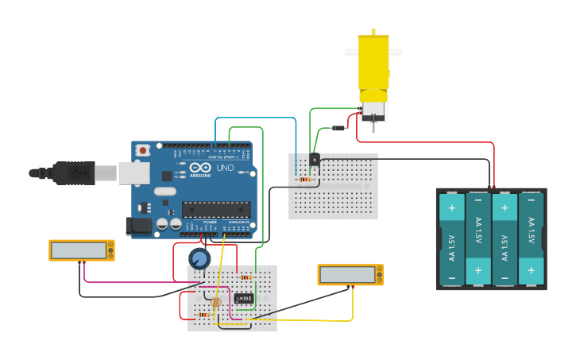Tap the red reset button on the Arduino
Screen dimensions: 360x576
coord(143,149)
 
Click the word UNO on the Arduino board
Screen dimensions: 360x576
coord(225,168)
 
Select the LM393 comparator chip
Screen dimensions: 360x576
coord(243,298)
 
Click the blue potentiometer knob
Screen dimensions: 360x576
coord(199,258)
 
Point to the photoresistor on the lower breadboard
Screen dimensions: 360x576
coord(215,302)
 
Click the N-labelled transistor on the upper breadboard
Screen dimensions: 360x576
coord(315,160)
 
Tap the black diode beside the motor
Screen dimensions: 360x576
coord(339,128)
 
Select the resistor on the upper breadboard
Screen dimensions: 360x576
coord(306,180)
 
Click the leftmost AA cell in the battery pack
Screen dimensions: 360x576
coord(451,239)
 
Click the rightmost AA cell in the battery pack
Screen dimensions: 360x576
coord(531,239)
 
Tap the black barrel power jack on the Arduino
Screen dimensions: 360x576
coord(139,226)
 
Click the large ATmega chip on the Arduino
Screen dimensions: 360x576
coord(216,210)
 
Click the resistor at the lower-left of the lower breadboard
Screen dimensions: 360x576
coord(204,315)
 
